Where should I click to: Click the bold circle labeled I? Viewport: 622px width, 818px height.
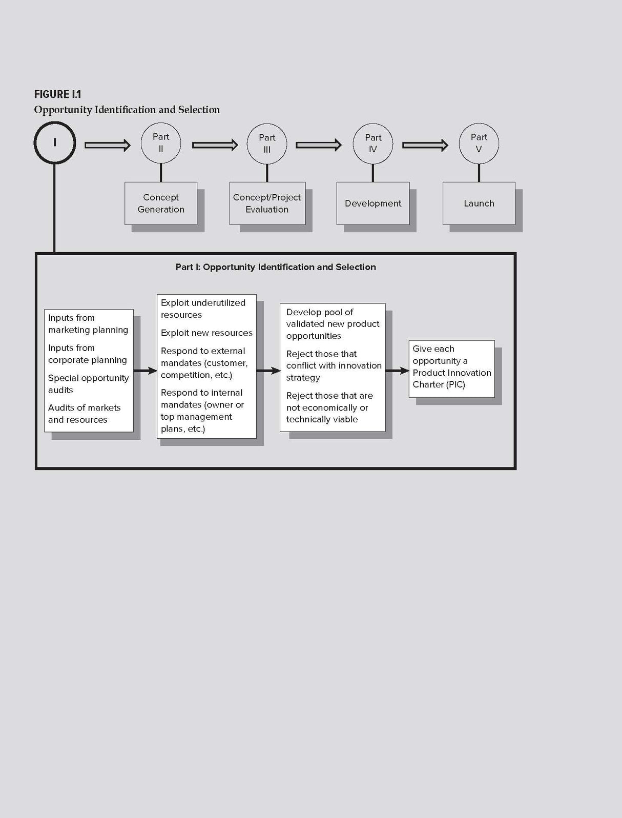tap(55, 122)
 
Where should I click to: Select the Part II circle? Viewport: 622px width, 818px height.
tap(161, 123)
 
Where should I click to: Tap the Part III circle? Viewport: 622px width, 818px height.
tap(267, 124)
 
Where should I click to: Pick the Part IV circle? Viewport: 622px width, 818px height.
tap(373, 124)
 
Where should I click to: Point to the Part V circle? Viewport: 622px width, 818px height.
tap(479, 124)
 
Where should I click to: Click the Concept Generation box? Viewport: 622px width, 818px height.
tap(161, 203)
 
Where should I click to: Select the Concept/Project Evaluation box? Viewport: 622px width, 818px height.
tap(267, 203)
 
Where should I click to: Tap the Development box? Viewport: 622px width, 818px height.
tap(373, 203)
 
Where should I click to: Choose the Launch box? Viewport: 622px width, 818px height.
tap(479, 203)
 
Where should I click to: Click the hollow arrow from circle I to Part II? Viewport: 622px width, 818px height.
tap(108, 145)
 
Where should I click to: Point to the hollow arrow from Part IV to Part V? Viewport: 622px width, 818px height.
tap(425, 145)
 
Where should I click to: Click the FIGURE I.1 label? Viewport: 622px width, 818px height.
tap(58, 94)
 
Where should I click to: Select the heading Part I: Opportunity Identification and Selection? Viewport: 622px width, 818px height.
tap(276, 267)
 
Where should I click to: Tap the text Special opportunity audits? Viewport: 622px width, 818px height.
tap(88, 384)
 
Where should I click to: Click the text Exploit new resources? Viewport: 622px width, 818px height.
tap(206, 333)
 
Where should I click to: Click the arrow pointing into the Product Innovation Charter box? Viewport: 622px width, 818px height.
tap(398, 371)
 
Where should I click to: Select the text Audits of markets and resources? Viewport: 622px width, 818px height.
tap(85, 414)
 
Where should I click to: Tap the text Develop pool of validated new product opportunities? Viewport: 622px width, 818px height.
tap(333, 324)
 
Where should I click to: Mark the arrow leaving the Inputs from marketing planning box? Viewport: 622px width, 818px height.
tap(146, 371)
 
